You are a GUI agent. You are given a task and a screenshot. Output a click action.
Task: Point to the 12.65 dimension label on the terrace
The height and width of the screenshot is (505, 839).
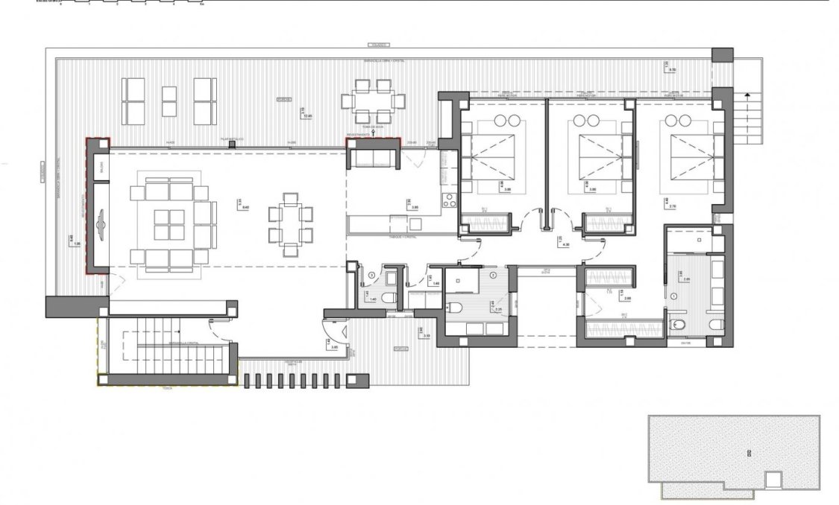307,115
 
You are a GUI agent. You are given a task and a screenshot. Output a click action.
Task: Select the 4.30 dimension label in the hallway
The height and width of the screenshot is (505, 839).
565,244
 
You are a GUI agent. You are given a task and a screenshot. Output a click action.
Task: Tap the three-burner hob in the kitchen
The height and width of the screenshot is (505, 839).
450,200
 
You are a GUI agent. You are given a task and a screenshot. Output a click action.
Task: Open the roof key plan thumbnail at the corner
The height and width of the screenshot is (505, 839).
734,452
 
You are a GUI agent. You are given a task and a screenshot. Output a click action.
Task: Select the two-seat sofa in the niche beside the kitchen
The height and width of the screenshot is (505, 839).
371,157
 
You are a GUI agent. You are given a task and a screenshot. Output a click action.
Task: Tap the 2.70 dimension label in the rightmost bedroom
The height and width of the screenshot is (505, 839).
673,190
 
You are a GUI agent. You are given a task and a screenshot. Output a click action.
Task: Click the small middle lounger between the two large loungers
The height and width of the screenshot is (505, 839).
169,101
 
